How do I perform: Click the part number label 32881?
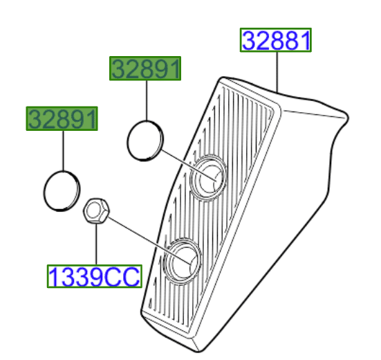click(x=276, y=41)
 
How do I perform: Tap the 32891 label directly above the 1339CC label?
click(x=62, y=119)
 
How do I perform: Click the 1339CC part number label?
click(x=94, y=277)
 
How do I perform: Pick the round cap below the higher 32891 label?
click(x=145, y=142)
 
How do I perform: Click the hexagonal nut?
click(x=94, y=210)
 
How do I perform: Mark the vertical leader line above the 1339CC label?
click(x=96, y=242)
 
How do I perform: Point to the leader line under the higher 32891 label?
click(x=147, y=100)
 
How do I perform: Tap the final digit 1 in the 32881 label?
click(x=304, y=41)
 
